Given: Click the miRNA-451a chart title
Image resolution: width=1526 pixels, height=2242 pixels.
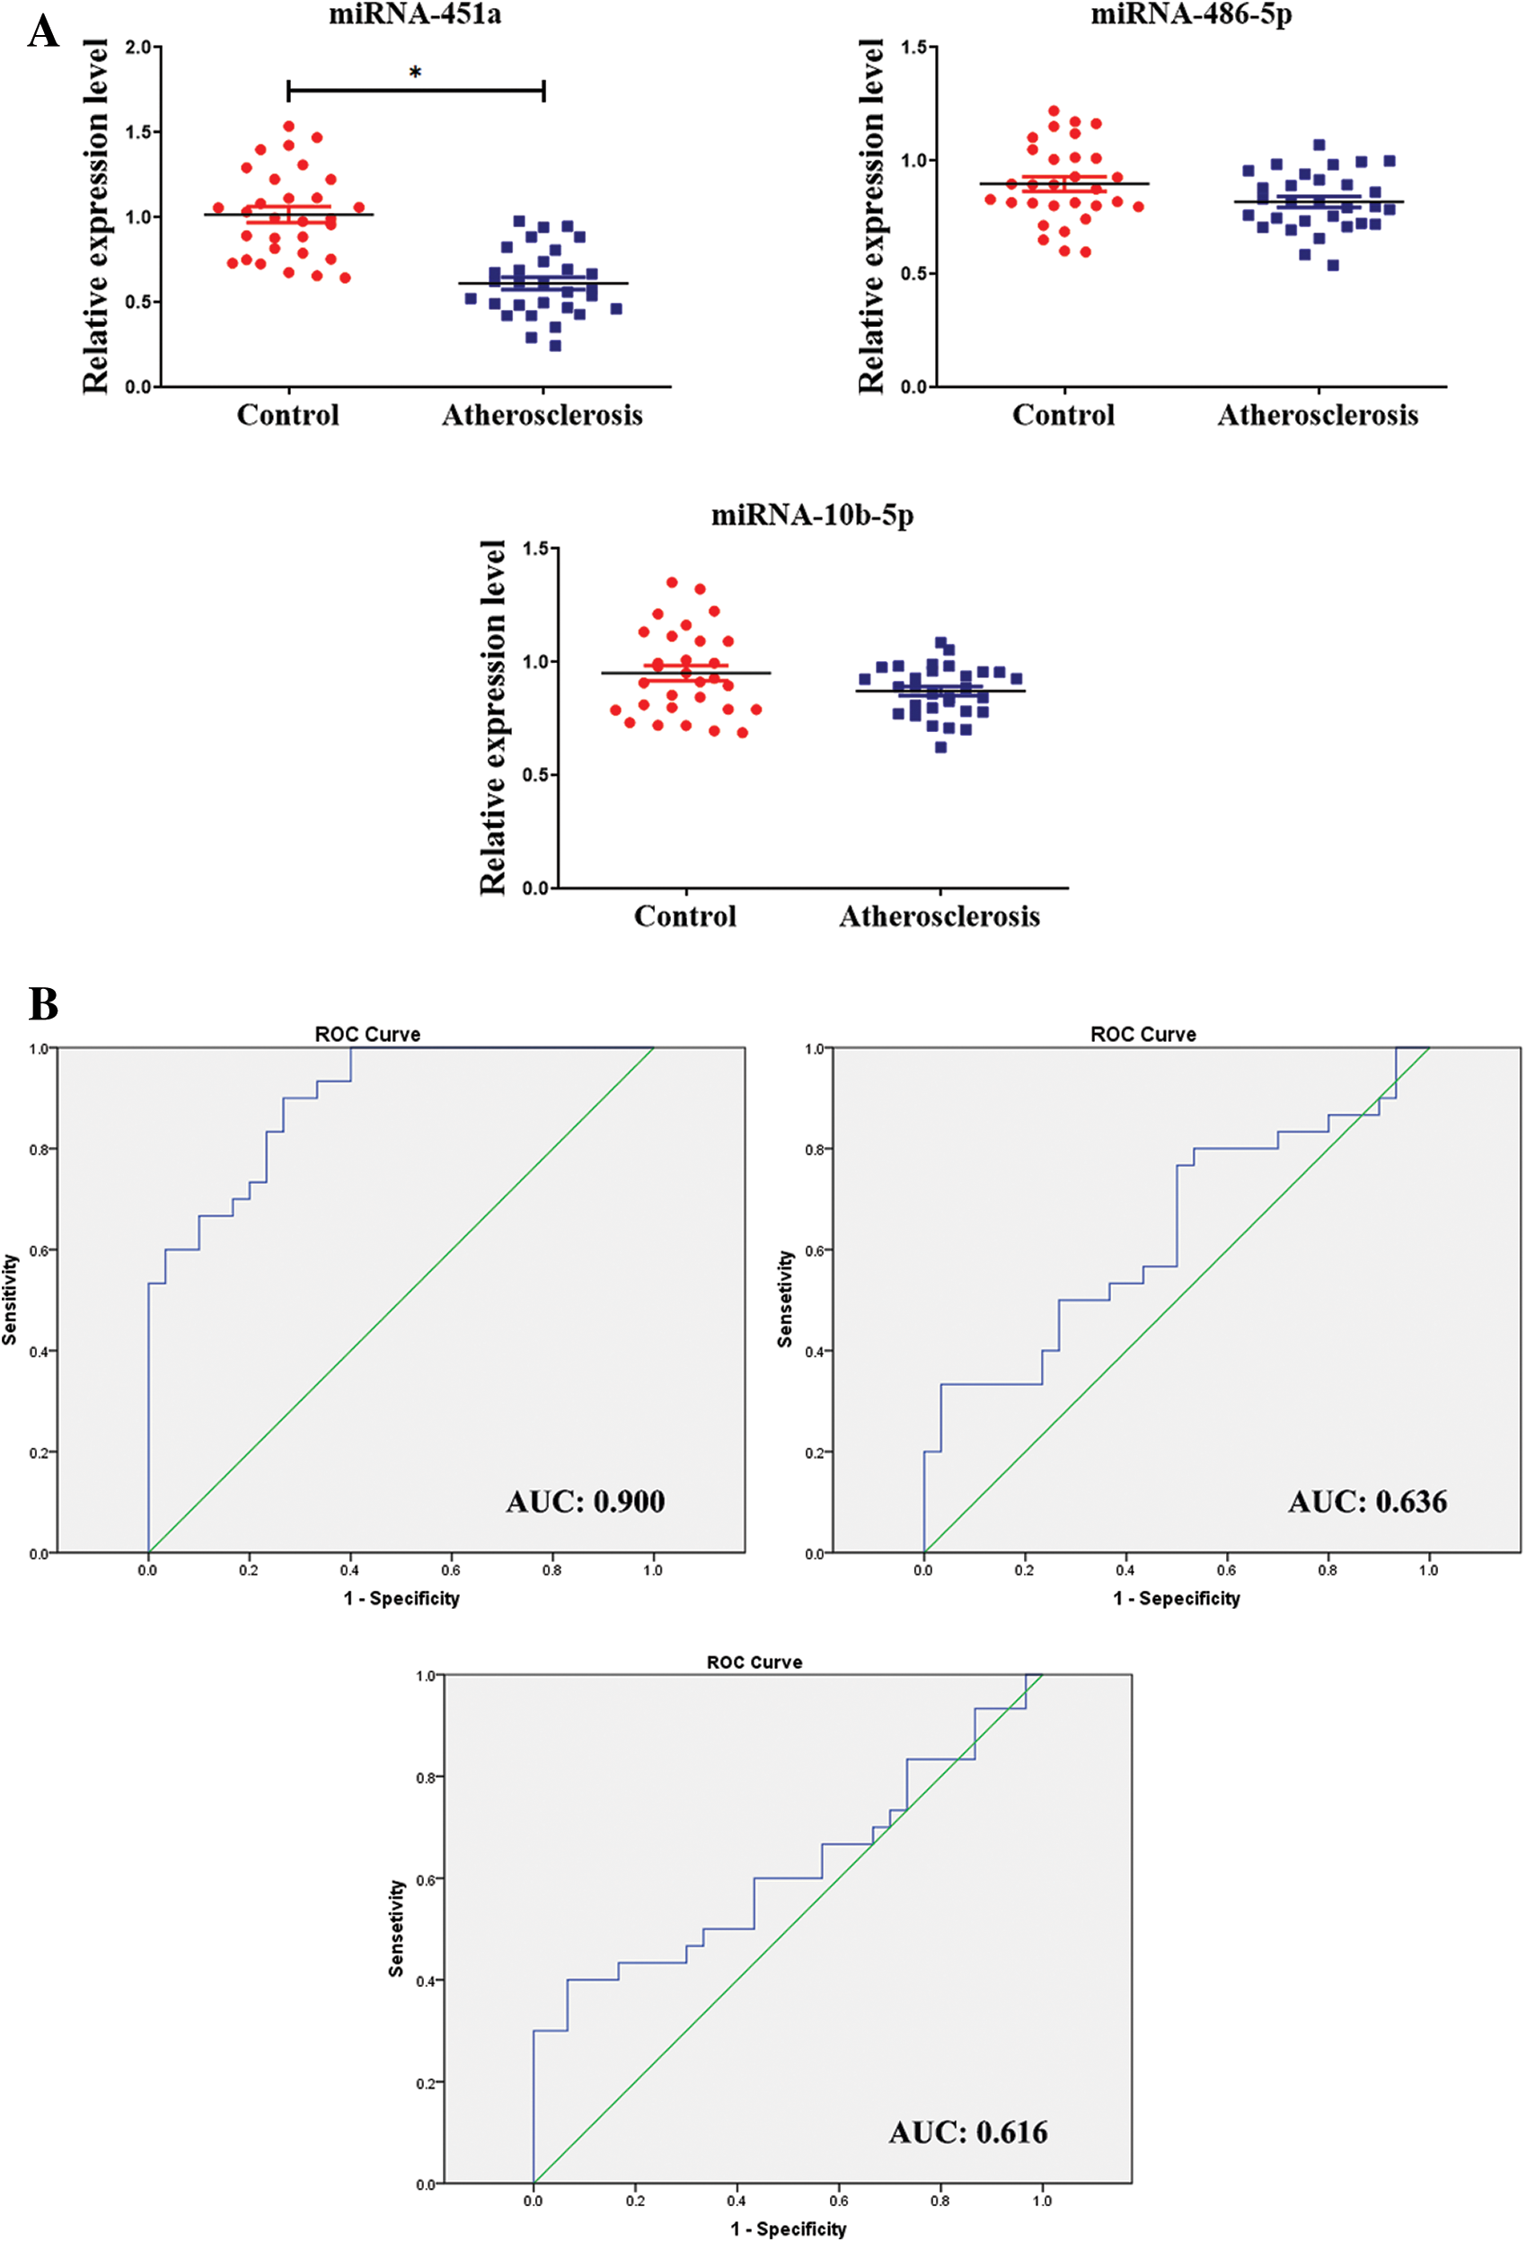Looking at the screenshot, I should point(415,14).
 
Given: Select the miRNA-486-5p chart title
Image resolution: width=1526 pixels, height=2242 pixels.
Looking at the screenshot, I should point(1190,14).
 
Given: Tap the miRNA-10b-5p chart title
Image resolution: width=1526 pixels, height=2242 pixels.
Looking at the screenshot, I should point(812,516).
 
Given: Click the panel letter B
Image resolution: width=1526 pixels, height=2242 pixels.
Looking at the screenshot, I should point(43,1003).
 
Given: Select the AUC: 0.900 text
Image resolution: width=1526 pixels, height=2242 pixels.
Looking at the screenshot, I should point(586,1501).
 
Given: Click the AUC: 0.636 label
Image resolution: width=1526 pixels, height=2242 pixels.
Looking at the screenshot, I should point(1368,1501).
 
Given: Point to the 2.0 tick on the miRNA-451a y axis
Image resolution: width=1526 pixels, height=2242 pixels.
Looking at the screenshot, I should point(139,48).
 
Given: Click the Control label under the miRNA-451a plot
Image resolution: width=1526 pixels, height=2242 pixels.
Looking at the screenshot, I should point(288,415).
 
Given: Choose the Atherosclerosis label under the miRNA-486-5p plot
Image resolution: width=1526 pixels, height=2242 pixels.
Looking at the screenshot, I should point(1318,415).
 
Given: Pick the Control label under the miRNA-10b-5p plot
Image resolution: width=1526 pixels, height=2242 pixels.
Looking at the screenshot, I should point(685,915).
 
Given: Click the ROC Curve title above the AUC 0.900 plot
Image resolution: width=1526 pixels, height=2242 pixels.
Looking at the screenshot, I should point(367,1034).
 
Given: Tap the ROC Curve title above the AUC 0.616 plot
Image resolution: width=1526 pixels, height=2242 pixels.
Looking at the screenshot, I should point(754,1663).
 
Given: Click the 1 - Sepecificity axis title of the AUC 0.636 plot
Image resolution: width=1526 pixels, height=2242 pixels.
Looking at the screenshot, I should point(1177,1599).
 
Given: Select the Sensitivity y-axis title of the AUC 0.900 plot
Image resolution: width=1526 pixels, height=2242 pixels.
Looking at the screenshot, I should point(10,1300).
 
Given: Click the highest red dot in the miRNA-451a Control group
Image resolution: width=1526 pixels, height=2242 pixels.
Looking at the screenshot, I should point(288,127).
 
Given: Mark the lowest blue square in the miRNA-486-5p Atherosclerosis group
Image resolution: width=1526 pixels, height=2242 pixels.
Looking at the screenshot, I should point(1333,265).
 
